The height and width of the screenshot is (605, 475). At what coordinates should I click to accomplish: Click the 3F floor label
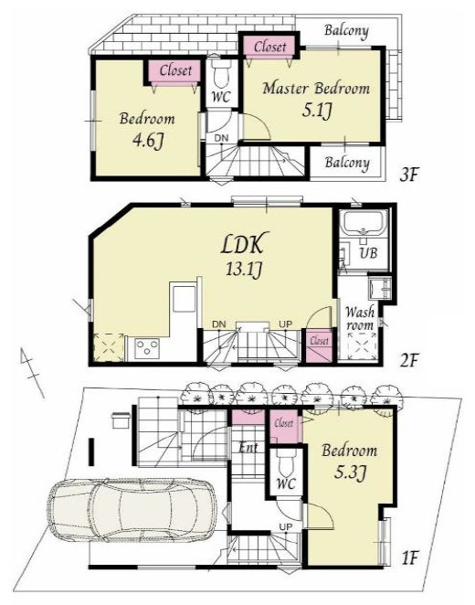(408, 175)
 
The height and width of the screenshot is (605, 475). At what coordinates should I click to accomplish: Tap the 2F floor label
(408, 361)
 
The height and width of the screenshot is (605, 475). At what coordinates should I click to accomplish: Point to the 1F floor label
(409, 557)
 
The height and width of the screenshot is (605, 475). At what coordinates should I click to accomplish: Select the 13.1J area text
(245, 270)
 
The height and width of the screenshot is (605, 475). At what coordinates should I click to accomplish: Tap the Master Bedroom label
(316, 89)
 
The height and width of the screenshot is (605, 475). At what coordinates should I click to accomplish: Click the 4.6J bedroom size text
(148, 142)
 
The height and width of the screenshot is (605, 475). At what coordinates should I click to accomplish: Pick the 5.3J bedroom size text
(349, 472)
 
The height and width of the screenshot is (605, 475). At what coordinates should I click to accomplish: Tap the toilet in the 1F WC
(286, 463)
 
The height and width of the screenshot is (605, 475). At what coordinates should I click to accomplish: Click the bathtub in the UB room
(364, 223)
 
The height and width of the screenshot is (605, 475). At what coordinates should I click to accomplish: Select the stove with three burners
(146, 346)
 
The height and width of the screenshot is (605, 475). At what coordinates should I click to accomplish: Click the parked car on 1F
(132, 510)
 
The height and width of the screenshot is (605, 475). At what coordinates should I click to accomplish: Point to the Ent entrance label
(248, 448)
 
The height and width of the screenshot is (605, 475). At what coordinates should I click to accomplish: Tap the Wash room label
(359, 318)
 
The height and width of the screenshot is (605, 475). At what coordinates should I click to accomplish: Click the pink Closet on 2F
(319, 345)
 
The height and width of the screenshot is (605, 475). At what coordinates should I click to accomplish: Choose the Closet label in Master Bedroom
(270, 47)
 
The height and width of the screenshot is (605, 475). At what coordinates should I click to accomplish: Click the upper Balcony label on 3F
(346, 30)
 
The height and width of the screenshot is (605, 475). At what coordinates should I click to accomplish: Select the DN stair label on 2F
(219, 324)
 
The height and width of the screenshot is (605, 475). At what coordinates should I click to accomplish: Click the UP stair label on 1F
(286, 526)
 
